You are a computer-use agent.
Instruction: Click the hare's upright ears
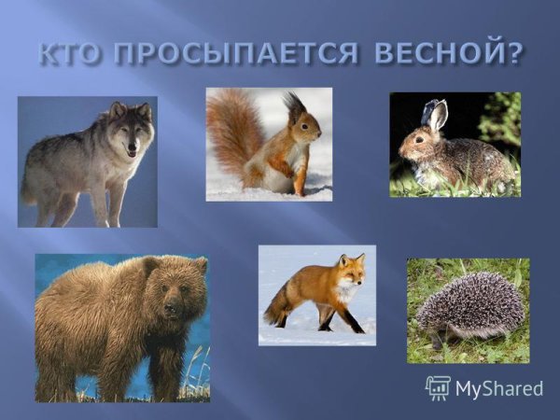tap(434, 116)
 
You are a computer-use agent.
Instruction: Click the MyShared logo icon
tap(438, 387)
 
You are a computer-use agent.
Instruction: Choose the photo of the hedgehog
tap(468, 310)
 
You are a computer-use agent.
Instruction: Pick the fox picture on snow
tap(317, 295)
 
